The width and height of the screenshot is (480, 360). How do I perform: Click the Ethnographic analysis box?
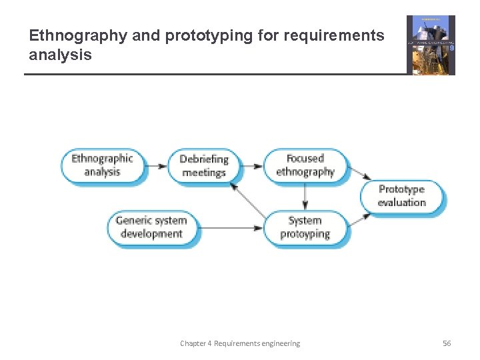point(102,165)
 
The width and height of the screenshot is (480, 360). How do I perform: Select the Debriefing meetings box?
point(203,166)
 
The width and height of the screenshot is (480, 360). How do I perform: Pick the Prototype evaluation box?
point(401,196)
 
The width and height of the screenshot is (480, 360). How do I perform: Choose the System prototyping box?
point(305,227)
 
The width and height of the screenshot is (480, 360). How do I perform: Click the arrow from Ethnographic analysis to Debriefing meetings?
point(157,165)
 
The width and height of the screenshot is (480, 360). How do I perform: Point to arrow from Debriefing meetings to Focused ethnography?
point(251,165)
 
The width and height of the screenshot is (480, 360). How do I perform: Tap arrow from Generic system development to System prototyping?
point(231,228)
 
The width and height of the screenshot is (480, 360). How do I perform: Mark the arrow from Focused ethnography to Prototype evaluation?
point(360,173)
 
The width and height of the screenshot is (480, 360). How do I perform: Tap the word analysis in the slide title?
point(60,55)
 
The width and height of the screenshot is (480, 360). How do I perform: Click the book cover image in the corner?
point(431,45)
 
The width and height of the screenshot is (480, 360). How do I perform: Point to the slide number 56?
point(447,343)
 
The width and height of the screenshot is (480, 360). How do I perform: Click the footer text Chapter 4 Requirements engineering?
point(240,343)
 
